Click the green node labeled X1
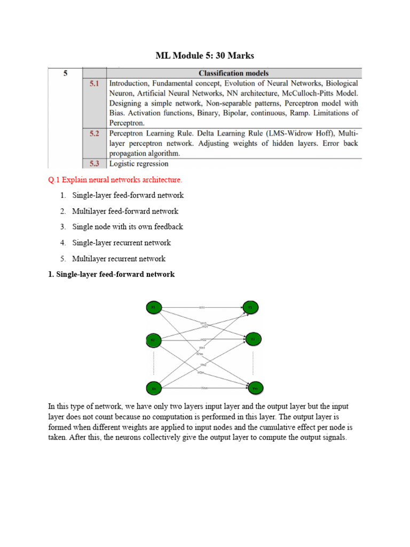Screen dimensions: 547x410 click(x=153, y=308)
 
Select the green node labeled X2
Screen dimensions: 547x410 click(x=153, y=340)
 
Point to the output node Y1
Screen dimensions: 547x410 click(x=250, y=308)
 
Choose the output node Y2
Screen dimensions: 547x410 click(x=253, y=339)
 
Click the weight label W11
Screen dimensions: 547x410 click(x=202, y=308)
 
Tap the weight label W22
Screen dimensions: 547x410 click(x=203, y=340)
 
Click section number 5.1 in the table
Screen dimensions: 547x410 click(x=94, y=84)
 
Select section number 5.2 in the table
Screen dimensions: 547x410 click(x=94, y=134)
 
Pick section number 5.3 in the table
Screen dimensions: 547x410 click(x=94, y=163)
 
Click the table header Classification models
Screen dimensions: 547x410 click(x=233, y=73)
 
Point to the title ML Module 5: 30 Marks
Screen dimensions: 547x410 click(x=204, y=55)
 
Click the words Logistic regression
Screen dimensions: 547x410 click(x=139, y=164)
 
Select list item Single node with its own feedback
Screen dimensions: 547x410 click(x=128, y=226)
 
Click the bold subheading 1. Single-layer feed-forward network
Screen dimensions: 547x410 click(x=111, y=275)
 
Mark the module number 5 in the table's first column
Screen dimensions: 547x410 click(x=65, y=74)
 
